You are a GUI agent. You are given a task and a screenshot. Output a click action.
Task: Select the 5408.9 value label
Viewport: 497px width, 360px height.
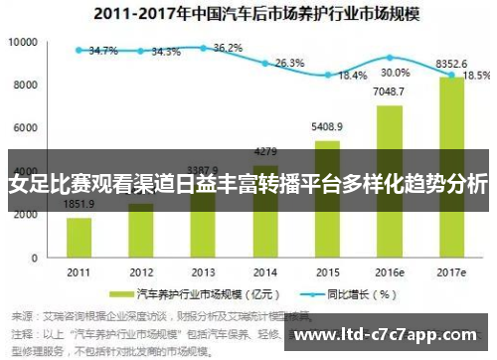point(327,127)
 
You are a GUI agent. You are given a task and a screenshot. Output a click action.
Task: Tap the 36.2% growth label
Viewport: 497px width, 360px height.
point(228,47)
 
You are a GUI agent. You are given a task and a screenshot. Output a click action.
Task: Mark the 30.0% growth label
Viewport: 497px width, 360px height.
point(395,73)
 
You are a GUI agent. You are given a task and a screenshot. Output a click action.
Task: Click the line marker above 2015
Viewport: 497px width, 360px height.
point(327,74)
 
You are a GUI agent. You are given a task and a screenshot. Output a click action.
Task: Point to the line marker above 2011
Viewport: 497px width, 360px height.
point(79,50)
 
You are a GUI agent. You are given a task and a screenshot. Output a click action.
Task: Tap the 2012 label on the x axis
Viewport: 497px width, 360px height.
point(140,271)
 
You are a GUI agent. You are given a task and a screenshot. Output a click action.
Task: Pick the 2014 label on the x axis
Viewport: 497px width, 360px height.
point(264,271)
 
